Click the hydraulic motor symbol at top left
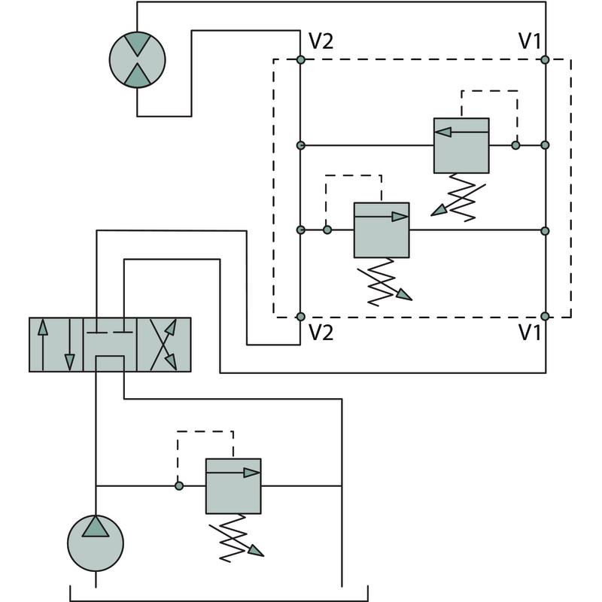pos(138,59)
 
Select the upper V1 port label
pos(529,40)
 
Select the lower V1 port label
pos(529,332)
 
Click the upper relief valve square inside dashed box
pos(461,145)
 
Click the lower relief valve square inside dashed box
pos(382,230)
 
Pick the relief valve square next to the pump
pos(233,485)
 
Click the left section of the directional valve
pos(56,345)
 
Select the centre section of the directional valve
pos(110,345)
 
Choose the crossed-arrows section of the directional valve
pos(163,345)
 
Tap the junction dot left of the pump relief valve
pos(178,485)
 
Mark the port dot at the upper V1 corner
pos(546,59)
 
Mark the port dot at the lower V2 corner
pos(300,317)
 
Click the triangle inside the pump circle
pos(96,528)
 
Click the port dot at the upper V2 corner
pos(300,59)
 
